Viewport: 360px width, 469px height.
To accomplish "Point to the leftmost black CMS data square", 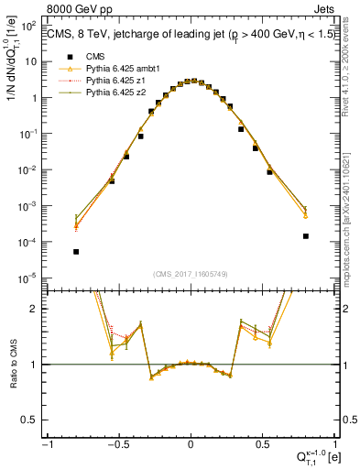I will tap(76, 252).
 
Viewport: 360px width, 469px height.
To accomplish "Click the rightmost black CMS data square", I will tap(305, 236).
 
